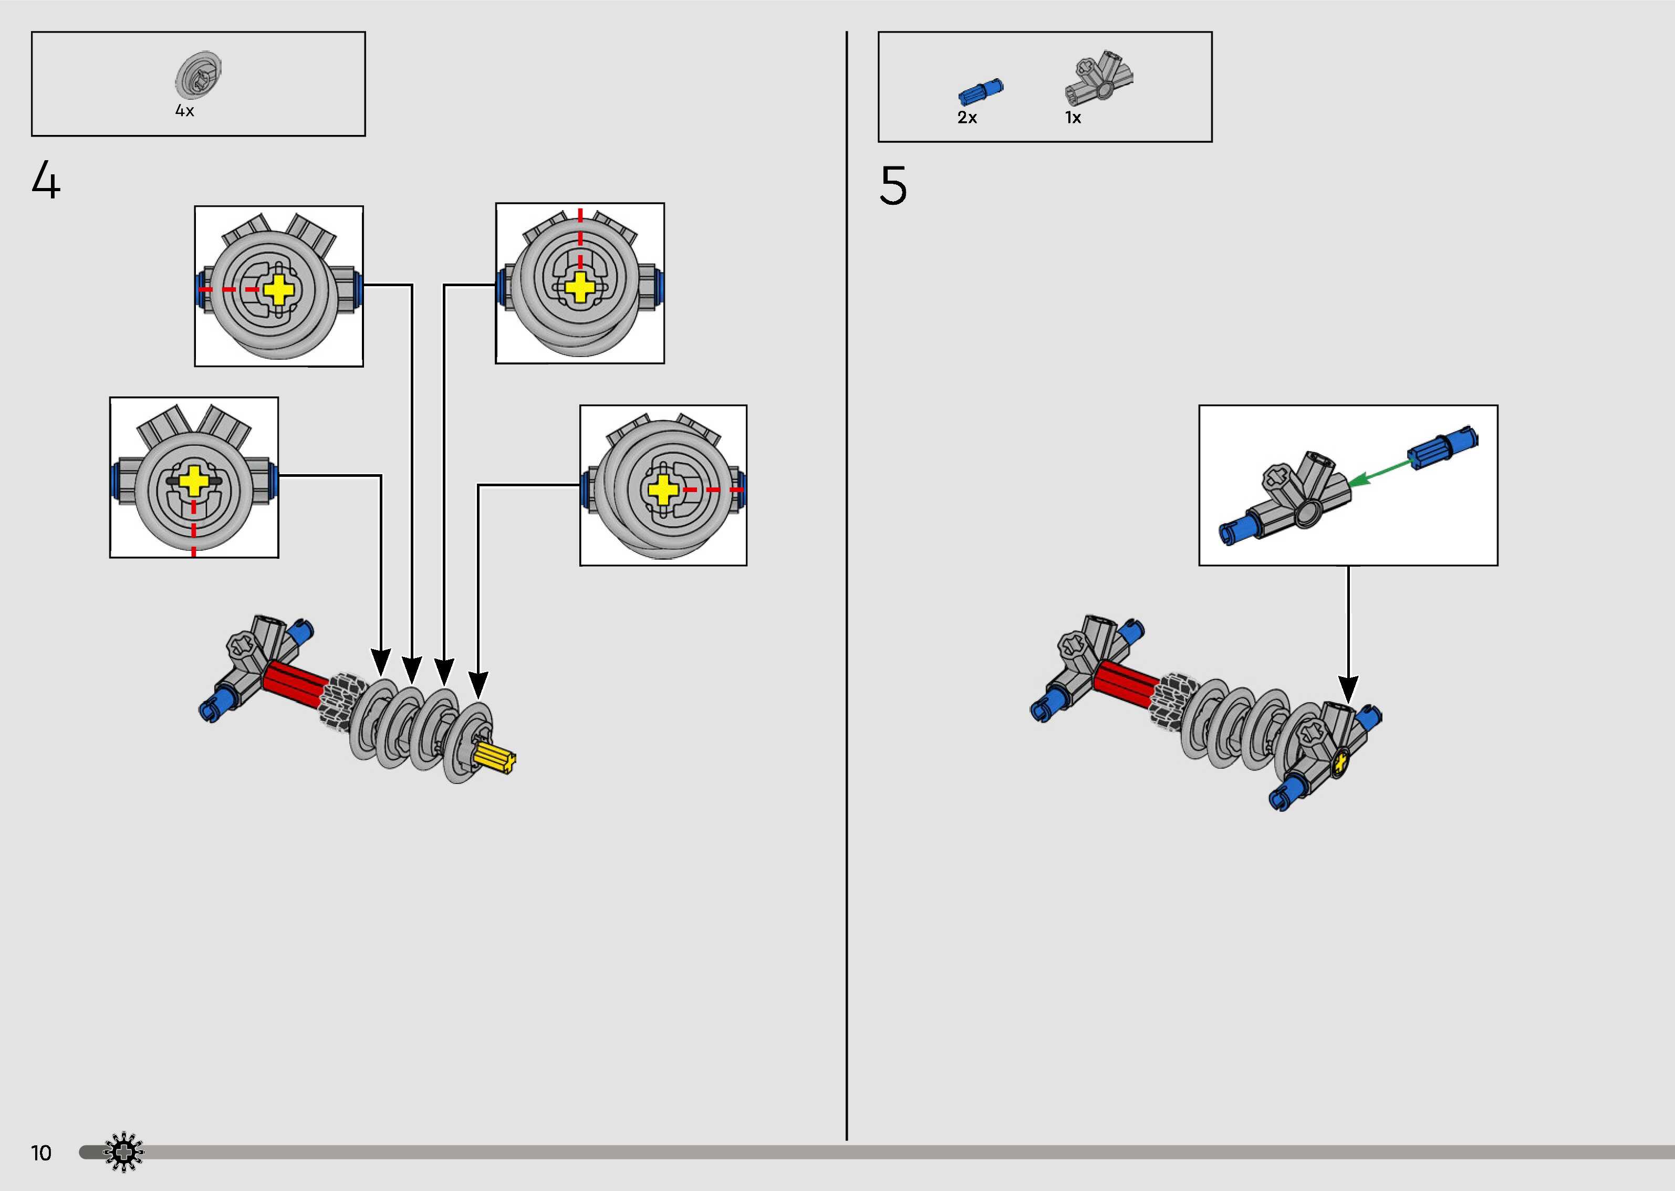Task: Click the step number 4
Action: coord(46,181)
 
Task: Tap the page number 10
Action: coord(41,1153)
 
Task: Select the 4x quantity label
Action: coord(185,111)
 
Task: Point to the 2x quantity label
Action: coord(967,117)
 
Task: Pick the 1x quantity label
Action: coord(1073,117)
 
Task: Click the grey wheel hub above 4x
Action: coord(198,75)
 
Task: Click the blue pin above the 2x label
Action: coord(981,92)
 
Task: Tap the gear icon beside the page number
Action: coord(123,1152)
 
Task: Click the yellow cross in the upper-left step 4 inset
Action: coord(279,290)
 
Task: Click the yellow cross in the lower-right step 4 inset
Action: coord(663,489)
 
